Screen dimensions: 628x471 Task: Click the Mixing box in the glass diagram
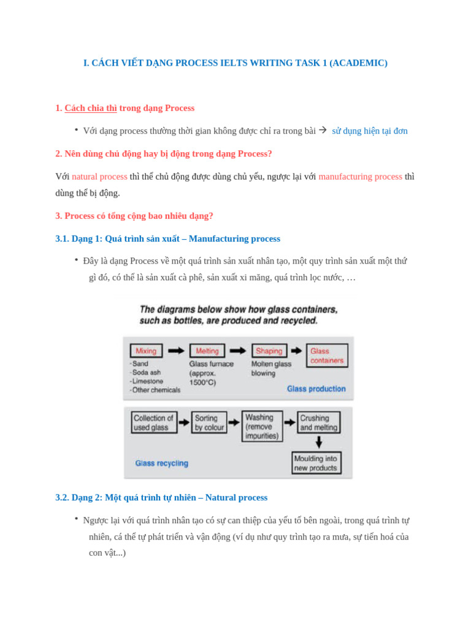(146, 351)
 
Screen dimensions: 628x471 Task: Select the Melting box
(207, 351)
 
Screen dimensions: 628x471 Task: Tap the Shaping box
(269, 351)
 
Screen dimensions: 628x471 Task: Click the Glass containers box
(327, 356)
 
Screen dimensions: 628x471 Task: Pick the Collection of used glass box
(154, 423)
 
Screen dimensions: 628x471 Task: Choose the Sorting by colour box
(209, 423)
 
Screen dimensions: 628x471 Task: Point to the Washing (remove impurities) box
(262, 426)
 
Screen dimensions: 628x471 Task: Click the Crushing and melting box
(319, 423)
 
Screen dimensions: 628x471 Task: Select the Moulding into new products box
(316, 463)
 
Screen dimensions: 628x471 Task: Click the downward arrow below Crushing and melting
(319, 442)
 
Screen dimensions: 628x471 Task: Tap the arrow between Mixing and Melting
(176, 351)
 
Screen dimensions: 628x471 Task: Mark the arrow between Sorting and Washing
(234, 423)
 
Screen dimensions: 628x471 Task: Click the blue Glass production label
(316, 389)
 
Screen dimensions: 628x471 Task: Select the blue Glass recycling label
(162, 463)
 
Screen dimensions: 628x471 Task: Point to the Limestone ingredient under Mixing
(148, 381)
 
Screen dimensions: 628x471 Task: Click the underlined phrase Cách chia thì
(91, 108)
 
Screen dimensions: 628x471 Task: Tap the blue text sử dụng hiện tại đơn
(369, 131)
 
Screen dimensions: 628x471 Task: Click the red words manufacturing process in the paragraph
(360, 177)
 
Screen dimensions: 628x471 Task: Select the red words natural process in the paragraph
(99, 177)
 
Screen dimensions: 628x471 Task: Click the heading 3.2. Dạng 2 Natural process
(161, 497)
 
